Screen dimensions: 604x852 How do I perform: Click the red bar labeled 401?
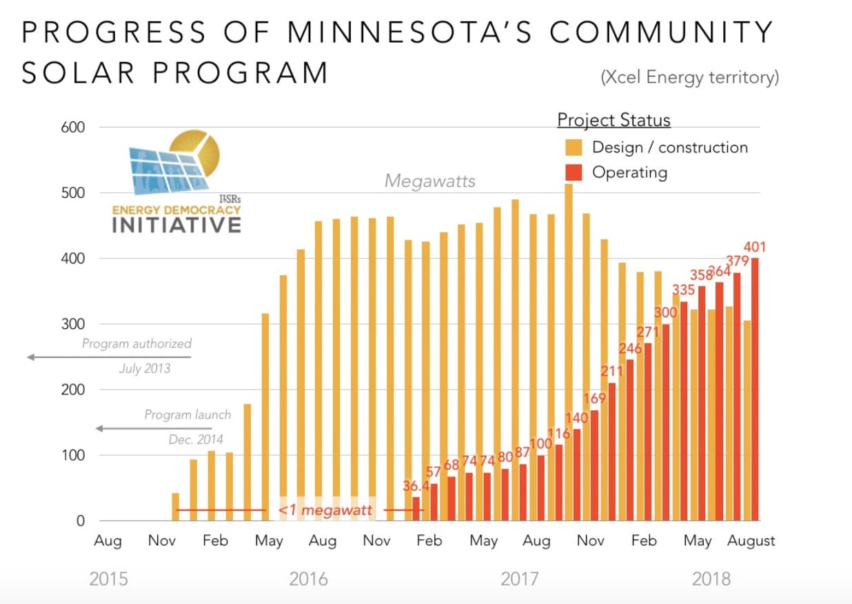tap(755, 389)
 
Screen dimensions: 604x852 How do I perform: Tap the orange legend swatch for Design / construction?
tap(574, 147)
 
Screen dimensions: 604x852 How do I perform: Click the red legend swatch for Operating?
tap(574, 172)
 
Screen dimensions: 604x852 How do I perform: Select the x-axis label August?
tap(751, 541)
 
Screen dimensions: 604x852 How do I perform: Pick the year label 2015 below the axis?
tap(108, 578)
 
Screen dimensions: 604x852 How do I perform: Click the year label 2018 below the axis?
tap(711, 578)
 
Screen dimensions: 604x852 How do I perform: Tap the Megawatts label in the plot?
tap(430, 181)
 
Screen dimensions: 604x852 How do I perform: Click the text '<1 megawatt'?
tap(325, 511)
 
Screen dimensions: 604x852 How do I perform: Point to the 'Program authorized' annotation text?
tap(136, 343)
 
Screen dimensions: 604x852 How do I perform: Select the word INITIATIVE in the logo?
tap(176, 225)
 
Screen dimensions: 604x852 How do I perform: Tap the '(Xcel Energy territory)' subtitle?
tap(690, 77)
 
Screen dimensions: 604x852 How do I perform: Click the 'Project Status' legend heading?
tap(613, 120)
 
